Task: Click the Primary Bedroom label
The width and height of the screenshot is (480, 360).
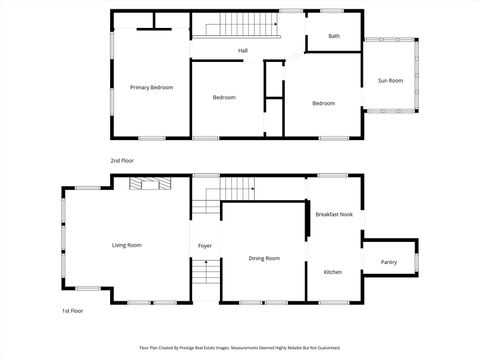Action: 151,88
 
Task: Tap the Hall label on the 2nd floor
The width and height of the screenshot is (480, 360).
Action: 243,50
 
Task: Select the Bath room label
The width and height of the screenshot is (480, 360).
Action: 334,37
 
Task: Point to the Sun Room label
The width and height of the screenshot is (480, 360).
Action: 390,80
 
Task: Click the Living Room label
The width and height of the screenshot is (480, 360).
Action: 126,245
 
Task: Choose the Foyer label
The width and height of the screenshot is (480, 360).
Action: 205,245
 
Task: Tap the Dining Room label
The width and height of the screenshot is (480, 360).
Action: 264,258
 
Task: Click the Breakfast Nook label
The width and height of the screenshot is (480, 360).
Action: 334,214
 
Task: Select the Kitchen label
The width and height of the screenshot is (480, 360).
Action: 333,271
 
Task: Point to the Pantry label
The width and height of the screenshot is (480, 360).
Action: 389,263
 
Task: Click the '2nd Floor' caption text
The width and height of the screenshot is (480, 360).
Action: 122,160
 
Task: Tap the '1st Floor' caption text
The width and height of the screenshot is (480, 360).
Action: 73,311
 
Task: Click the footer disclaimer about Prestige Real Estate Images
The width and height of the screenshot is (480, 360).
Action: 240,348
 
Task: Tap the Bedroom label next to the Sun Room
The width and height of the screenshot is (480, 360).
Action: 323,103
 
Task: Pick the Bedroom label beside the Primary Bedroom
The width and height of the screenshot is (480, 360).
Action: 224,97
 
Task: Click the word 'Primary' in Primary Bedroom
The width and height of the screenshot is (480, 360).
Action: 140,88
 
